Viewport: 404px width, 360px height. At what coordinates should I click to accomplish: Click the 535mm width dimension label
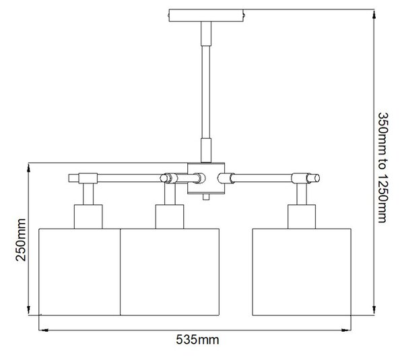point(197,340)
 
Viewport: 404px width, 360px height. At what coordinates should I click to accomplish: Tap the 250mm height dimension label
point(21,240)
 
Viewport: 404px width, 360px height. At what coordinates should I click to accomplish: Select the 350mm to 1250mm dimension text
point(382,167)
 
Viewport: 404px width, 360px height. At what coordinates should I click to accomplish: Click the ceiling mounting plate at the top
point(206,16)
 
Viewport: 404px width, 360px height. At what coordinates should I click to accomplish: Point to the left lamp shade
point(79,272)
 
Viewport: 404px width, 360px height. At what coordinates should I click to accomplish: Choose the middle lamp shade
point(170,272)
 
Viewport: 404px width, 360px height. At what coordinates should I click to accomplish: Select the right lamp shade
point(302,272)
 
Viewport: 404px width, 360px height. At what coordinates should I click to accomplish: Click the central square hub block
point(206,178)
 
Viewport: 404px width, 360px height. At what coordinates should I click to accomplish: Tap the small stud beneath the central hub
point(206,198)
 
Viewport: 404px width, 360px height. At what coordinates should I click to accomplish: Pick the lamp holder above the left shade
point(88,216)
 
